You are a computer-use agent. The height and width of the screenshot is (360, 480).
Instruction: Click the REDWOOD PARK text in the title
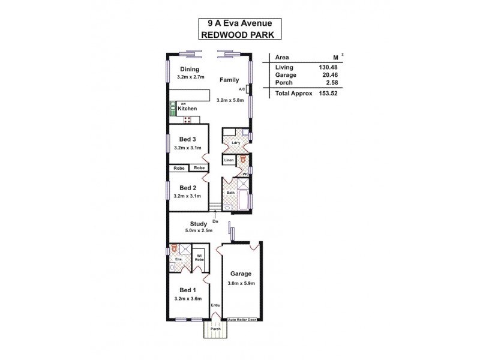(240, 35)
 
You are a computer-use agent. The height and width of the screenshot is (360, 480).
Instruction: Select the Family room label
(229, 80)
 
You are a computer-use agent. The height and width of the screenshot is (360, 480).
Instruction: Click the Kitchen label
(187, 108)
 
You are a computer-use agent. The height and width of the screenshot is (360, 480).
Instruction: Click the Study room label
(190, 224)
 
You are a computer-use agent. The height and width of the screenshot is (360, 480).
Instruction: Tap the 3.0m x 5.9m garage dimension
(241, 284)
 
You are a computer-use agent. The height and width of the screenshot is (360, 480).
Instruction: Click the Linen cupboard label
(229, 160)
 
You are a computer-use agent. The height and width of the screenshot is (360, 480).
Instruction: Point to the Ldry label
(236, 143)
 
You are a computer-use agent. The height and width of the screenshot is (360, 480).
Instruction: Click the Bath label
(230, 193)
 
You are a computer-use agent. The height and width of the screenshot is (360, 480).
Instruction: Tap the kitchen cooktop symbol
(187, 119)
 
